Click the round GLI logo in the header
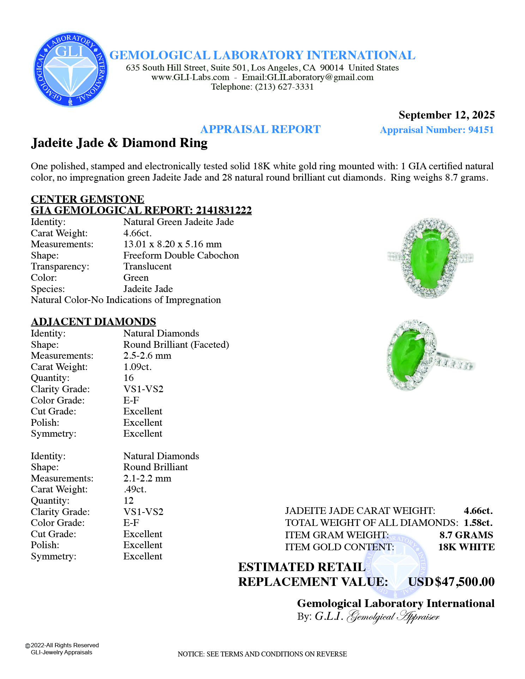click(71, 69)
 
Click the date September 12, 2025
click(446, 115)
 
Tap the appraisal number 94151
click(481, 130)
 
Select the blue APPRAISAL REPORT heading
click(260, 129)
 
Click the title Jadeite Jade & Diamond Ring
click(119, 143)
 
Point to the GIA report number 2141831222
click(224, 210)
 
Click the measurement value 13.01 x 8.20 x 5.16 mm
click(173, 244)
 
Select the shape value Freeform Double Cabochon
click(181, 255)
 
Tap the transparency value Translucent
click(147, 266)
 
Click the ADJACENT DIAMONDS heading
click(93, 322)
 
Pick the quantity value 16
click(128, 378)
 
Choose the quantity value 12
click(128, 501)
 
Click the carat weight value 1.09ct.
click(138, 367)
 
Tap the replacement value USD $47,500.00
click(451, 582)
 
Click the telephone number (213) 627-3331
click(284, 87)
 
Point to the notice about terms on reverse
click(262, 654)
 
